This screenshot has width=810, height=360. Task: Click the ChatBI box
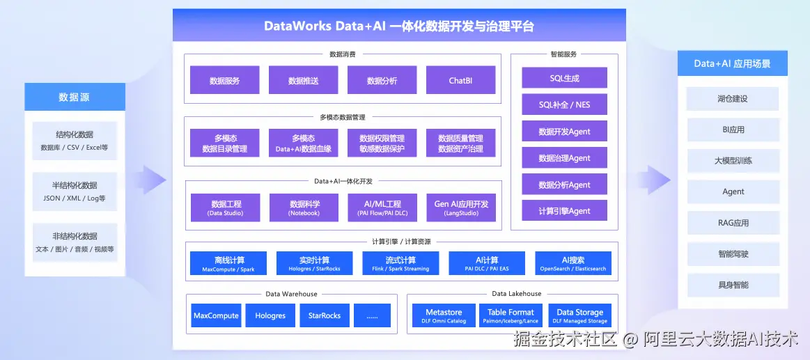460,80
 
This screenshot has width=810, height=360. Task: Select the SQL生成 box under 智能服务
564,78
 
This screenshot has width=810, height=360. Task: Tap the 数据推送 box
303,80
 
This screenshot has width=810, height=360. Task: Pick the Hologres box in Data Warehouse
270,315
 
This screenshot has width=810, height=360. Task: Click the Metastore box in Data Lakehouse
444,315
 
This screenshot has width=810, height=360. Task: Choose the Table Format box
511,315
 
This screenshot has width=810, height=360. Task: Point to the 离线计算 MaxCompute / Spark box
228,263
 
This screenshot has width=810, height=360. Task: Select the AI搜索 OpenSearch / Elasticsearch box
573,263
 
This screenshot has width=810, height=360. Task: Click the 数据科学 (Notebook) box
304,208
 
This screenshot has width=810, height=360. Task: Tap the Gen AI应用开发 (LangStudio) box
461,208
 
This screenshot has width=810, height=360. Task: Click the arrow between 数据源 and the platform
153,180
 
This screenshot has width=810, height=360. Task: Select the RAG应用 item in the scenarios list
733,223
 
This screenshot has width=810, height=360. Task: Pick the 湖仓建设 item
733,99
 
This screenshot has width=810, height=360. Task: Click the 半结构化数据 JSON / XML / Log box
75,191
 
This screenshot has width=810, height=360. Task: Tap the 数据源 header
75,97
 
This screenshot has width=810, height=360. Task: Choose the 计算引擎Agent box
564,211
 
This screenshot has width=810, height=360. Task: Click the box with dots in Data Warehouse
372,315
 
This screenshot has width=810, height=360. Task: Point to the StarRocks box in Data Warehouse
325,315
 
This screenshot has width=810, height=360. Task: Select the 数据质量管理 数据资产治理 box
460,143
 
